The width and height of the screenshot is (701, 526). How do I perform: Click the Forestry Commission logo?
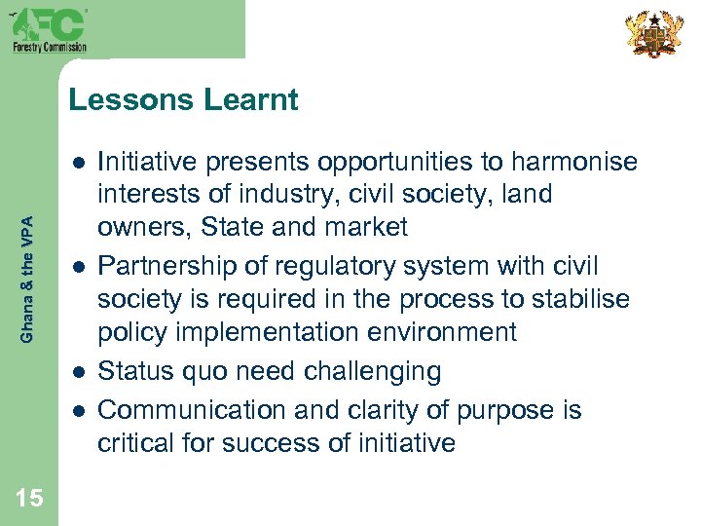49,29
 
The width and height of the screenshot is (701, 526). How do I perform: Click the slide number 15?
29,498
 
